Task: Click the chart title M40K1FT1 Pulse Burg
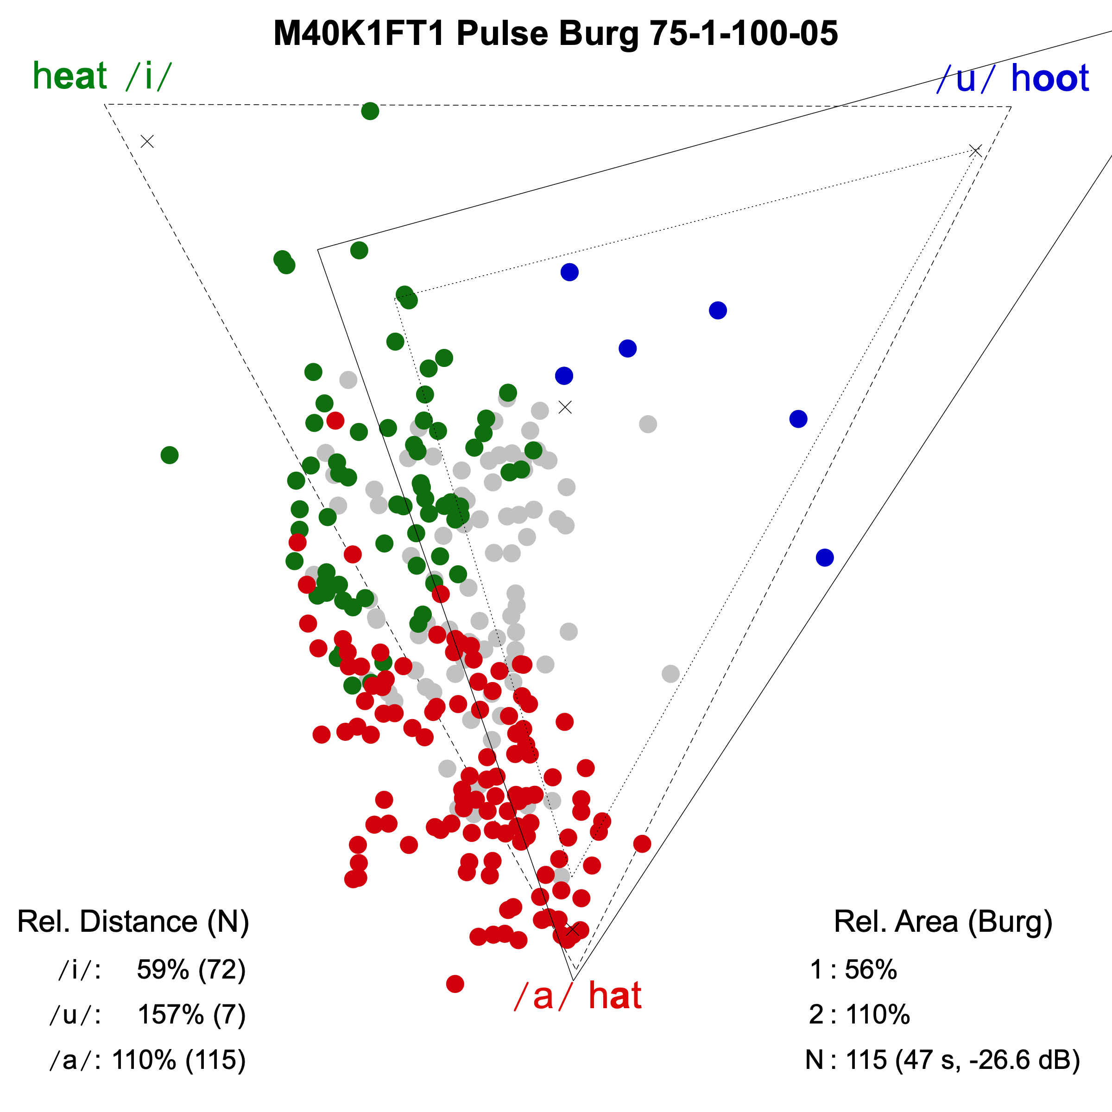556,33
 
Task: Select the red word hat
615,995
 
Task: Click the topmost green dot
370,111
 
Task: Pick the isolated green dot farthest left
169,455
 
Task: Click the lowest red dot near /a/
455,984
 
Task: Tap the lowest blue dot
825,557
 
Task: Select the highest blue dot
569,272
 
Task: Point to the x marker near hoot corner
975,151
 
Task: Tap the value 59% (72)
191,970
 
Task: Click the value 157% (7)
191,1015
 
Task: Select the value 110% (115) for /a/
178,1060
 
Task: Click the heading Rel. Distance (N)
133,922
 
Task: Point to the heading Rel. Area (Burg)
943,922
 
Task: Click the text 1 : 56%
853,970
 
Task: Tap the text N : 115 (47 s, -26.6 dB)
942,1060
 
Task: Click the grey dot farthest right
670,673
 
